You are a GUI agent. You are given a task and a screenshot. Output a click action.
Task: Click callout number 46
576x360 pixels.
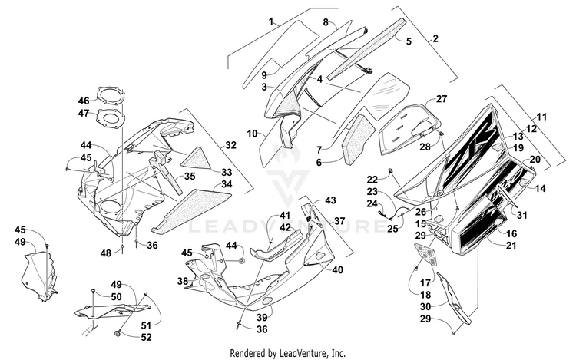coord(84,101)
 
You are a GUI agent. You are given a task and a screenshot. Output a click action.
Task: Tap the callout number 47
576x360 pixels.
coord(84,114)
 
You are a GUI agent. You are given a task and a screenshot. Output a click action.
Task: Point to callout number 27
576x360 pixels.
coord(442,99)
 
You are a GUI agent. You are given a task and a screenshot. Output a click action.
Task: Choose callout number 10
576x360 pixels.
coord(251,134)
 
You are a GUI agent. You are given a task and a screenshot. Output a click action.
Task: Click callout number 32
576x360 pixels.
coord(230,144)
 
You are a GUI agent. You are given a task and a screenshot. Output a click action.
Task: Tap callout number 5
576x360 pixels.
coord(409,41)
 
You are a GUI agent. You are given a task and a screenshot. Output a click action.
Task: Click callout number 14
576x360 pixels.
coord(541,188)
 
